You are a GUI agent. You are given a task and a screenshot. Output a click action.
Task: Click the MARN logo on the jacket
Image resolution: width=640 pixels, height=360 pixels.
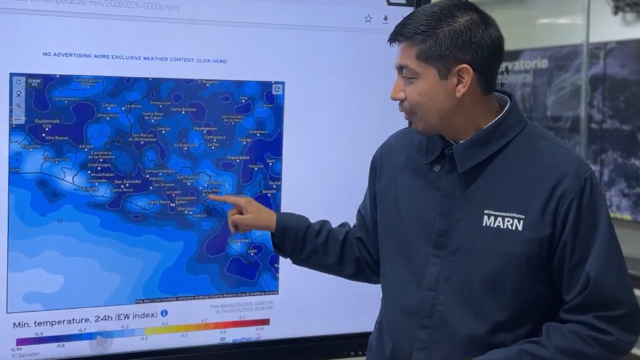tap(502, 221)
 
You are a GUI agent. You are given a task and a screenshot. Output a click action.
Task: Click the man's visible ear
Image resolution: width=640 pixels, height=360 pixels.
tap(462, 81)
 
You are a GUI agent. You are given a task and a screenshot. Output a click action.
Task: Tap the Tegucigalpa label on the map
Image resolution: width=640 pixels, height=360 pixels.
tap(237, 157)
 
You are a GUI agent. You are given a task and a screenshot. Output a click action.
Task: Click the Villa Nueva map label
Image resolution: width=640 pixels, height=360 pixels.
tap(56, 137)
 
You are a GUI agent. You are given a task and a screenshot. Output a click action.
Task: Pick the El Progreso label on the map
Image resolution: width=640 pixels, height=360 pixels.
tap(207, 82)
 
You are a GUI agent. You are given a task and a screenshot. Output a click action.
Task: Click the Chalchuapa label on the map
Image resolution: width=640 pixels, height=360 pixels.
tap(99, 165)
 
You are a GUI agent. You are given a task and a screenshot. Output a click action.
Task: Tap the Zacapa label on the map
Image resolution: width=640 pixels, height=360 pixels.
tap(109, 105)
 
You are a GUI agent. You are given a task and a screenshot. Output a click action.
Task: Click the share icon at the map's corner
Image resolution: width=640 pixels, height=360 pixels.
tap(277, 89)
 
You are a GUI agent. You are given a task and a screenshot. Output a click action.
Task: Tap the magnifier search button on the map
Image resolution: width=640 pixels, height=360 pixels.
tap(18, 106)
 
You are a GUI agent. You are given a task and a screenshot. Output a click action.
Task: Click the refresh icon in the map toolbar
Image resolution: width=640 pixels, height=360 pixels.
tap(18, 82)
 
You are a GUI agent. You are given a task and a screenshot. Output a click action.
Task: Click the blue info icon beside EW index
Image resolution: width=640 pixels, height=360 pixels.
tap(164, 313)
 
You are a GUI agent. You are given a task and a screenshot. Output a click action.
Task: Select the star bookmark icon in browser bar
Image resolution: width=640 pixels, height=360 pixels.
tap(368, 19)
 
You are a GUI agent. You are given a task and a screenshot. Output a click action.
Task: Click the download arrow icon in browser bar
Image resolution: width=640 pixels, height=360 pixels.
tap(386, 19)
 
